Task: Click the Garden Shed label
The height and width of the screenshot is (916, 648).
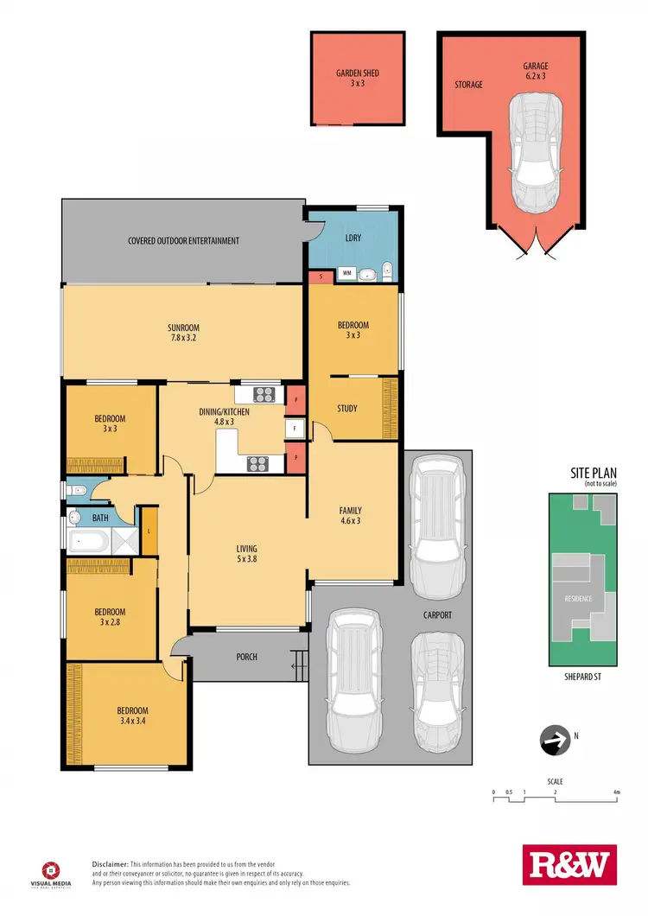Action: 358,79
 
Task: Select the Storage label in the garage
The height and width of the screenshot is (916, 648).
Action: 468,85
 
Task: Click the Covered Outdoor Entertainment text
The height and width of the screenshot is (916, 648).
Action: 183,241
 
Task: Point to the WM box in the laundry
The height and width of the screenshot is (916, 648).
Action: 347,273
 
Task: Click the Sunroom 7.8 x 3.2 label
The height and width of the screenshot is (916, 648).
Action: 183,333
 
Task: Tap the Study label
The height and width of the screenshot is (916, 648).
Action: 346,409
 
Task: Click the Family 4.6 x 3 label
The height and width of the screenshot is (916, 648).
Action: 350,515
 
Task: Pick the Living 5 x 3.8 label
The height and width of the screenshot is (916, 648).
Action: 247,554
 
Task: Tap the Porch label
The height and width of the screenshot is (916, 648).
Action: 246,657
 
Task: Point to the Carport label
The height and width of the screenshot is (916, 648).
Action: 437,615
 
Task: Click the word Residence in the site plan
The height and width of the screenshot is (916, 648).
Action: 578,598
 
